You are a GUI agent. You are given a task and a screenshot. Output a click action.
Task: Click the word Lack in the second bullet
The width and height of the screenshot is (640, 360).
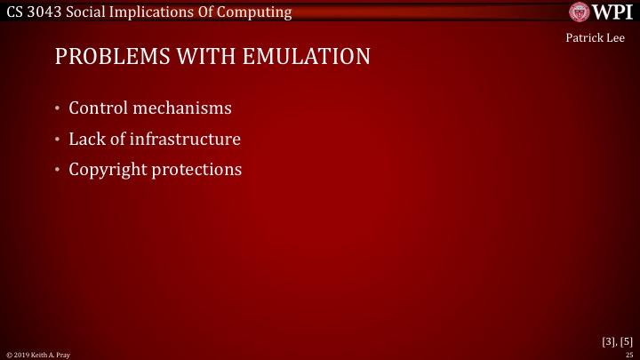coord(88,139)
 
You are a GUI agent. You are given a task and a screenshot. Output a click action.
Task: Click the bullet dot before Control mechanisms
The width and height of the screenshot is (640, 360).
coord(57,109)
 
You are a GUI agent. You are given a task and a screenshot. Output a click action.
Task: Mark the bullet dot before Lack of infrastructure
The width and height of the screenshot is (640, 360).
coord(57,140)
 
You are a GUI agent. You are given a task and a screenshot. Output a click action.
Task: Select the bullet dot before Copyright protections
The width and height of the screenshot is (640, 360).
coord(57,170)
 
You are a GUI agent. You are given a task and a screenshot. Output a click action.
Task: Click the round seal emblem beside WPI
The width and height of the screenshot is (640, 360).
coord(580,12)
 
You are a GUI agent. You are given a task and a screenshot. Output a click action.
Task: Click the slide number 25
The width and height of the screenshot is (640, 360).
coord(629,355)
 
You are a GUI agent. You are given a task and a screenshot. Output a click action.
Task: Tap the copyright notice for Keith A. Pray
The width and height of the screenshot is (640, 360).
coord(37,355)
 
